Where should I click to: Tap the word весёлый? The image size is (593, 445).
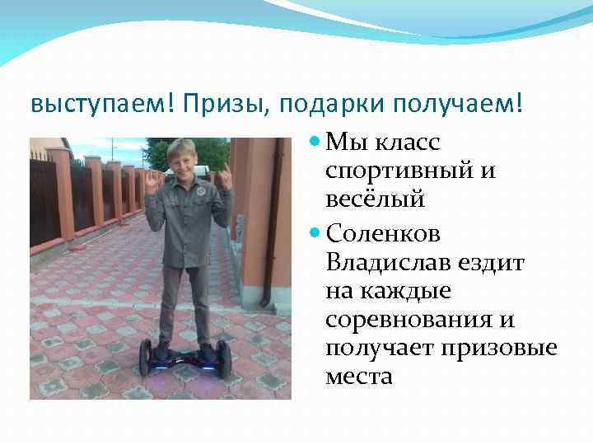point(375,199)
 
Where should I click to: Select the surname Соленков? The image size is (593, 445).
point(383,234)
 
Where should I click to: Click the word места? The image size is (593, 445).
point(359,377)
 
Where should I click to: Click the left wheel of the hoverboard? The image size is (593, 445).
point(146,357)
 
